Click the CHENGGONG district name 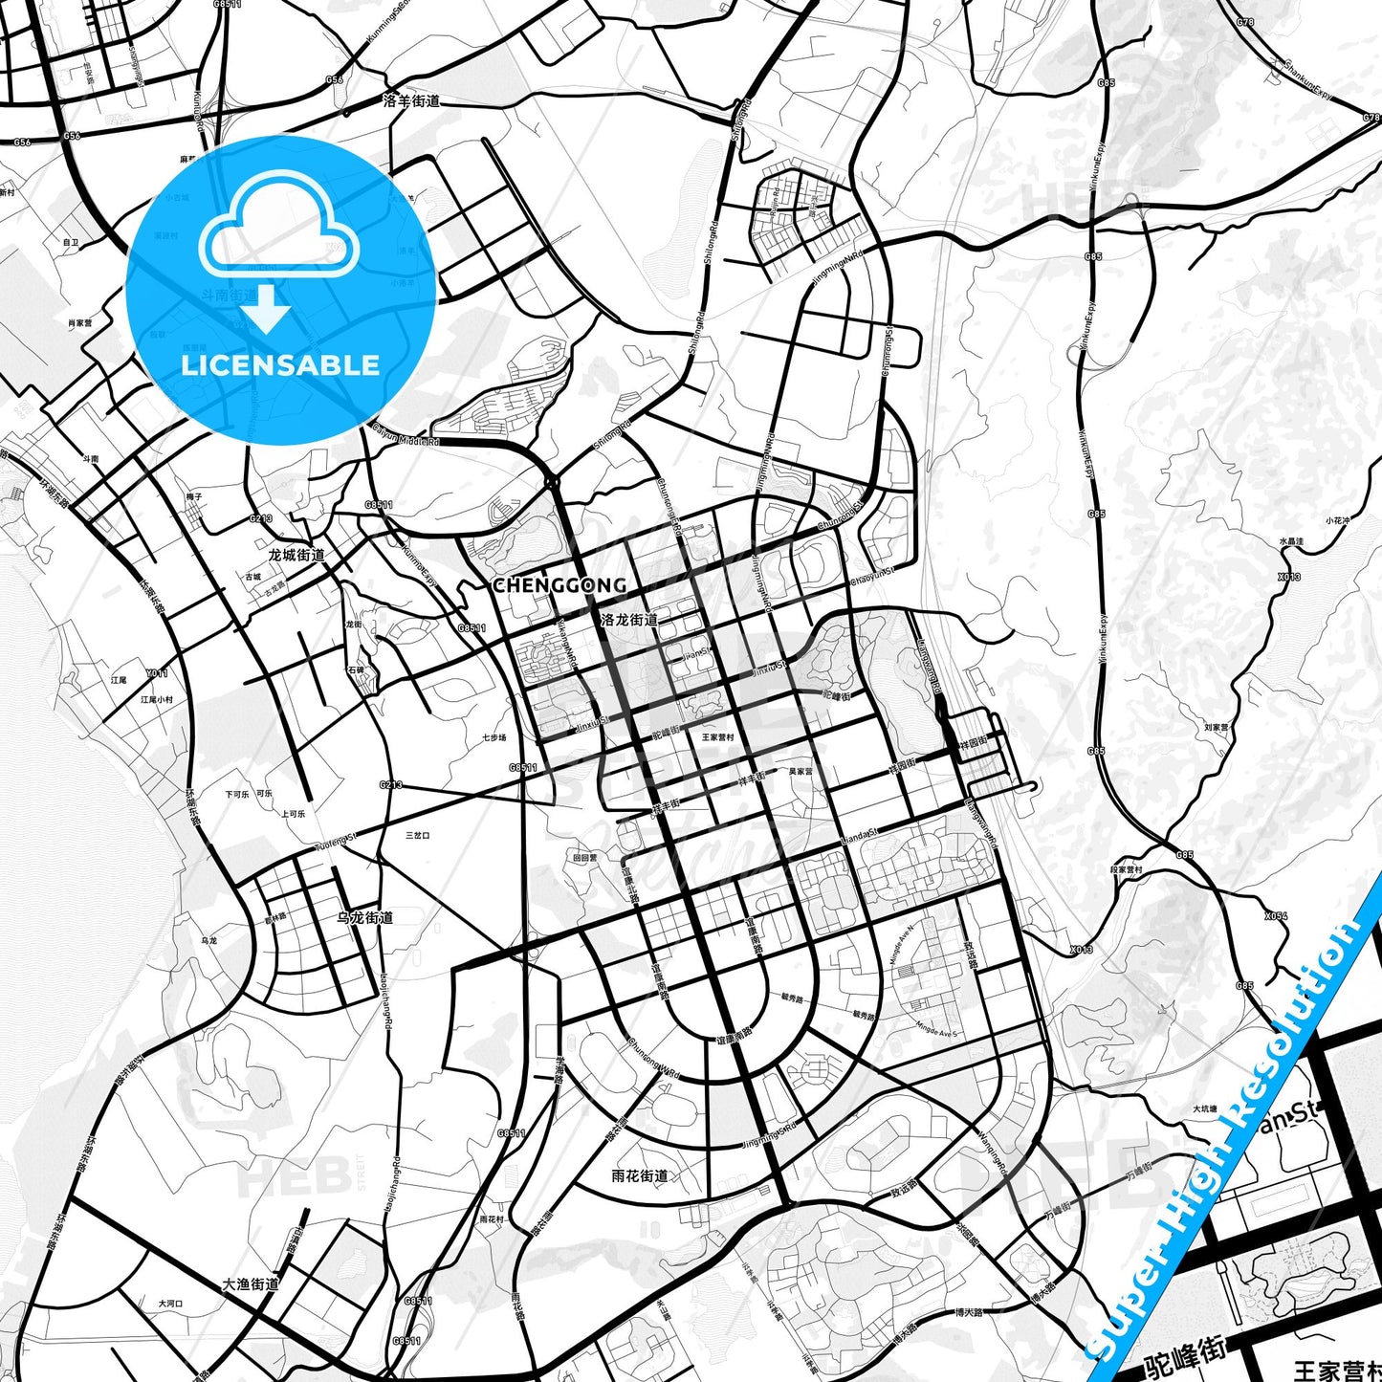tap(559, 584)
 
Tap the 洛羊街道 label tap(411, 100)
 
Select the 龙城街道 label tap(296, 555)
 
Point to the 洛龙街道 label tap(629, 620)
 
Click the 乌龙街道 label tap(364, 917)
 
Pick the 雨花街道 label tap(640, 1175)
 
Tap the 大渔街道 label tap(251, 1283)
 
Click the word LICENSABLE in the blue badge tap(280, 365)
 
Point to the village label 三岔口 tap(418, 835)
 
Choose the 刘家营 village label tap(1216, 727)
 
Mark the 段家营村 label tap(1126, 869)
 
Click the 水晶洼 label tap(1291, 542)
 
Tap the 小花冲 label tap(1337, 520)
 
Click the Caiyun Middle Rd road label tap(406, 436)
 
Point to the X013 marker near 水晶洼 tap(1289, 577)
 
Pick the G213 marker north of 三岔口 tap(390, 785)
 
